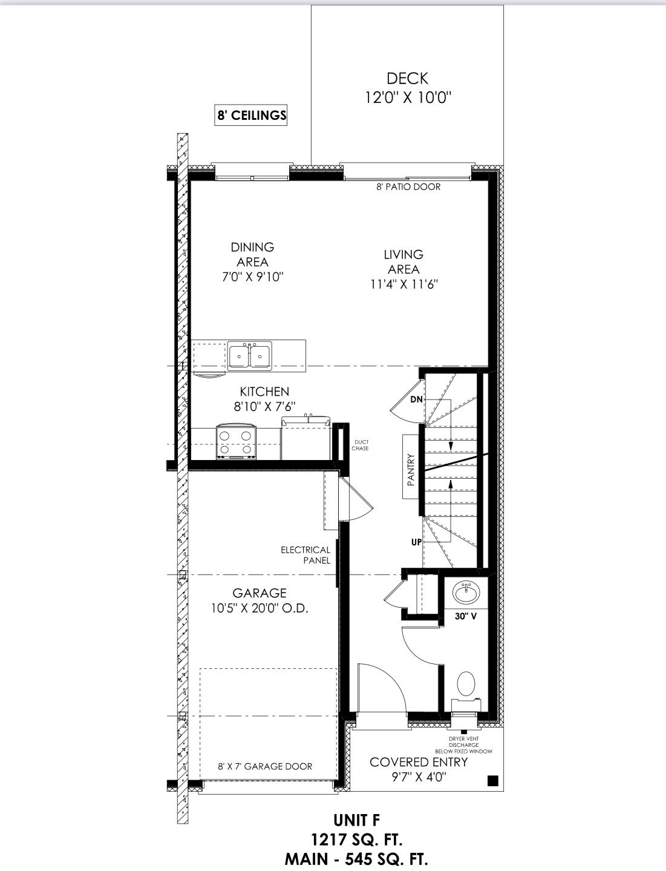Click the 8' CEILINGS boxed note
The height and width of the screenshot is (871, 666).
tap(250, 115)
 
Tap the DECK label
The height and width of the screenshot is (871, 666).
tap(408, 79)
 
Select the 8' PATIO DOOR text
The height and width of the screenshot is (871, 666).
tap(408, 186)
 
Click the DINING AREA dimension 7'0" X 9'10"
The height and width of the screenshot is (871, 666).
tap(252, 277)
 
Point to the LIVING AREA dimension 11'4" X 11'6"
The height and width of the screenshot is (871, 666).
tap(404, 284)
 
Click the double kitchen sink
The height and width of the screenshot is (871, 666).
tap(250, 356)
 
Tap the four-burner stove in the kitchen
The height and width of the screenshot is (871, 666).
tap(236, 442)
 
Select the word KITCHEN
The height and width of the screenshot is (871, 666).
tap(264, 392)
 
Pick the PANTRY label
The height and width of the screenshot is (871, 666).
tap(411, 470)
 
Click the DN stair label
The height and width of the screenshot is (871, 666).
tap(416, 399)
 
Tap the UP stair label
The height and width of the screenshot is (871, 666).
tap(416, 542)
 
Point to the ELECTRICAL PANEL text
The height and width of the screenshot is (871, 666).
tap(305, 555)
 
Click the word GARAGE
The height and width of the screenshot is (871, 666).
tap(260, 593)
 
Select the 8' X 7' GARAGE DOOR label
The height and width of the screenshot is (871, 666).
tap(265, 766)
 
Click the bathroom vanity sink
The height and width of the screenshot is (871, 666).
tap(466, 593)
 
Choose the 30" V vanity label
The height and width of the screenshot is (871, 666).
tap(466, 616)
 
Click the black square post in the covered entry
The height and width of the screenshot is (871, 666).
tap(493, 781)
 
